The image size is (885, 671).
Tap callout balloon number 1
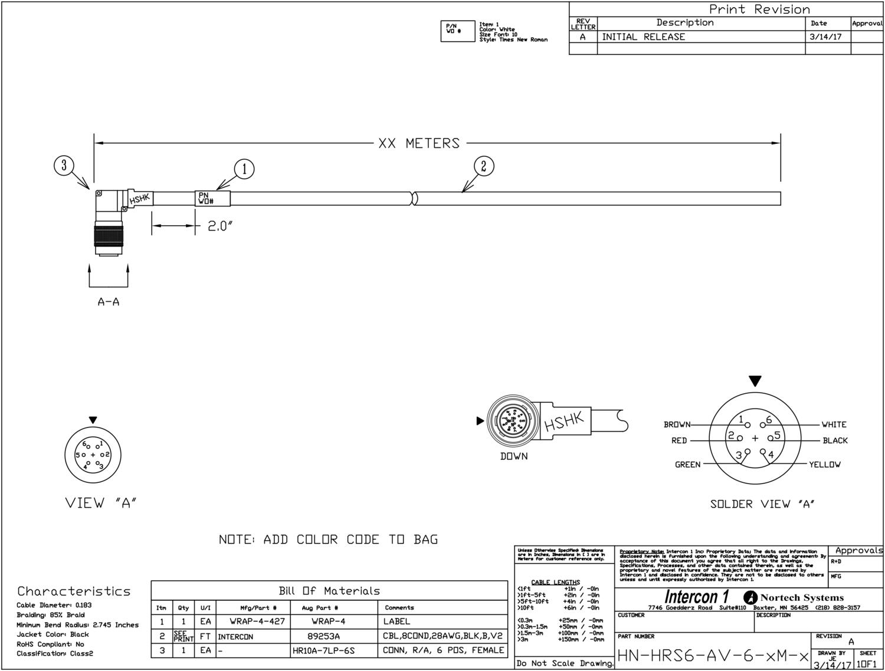click(244, 169)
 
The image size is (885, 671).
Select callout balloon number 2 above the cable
click(484, 166)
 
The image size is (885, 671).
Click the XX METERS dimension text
click(419, 143)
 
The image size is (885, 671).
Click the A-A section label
click(109, 302)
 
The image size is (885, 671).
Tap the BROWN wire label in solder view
click(677, 425)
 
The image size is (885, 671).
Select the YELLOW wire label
click(825, 465)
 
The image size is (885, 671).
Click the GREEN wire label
click(688, 465)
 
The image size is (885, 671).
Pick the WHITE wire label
click(834, 425)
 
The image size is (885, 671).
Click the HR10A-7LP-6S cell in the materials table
click(323, 650)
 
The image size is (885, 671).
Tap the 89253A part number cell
click(323, 636)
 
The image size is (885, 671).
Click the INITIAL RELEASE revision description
click(643, 37)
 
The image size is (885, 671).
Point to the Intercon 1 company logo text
click(696, 597)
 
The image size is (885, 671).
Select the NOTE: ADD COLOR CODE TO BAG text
click(328, 540)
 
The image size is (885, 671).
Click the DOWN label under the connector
click(514, 456)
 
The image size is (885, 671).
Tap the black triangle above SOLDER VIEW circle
click(755, 381)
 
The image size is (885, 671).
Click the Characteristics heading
click(74, 591)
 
